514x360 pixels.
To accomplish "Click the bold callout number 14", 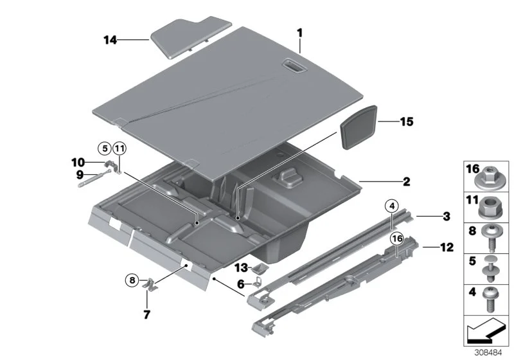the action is coord(110,40).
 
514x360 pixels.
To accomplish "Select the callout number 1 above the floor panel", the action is coord(299,33).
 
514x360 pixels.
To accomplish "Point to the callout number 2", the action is coord(407,181).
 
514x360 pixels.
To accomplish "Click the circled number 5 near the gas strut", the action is coord(105,148).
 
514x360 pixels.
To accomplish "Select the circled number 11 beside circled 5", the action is coord(120,149).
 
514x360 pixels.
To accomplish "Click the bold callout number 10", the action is coord(78,162).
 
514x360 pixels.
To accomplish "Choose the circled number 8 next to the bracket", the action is coord(132,280).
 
